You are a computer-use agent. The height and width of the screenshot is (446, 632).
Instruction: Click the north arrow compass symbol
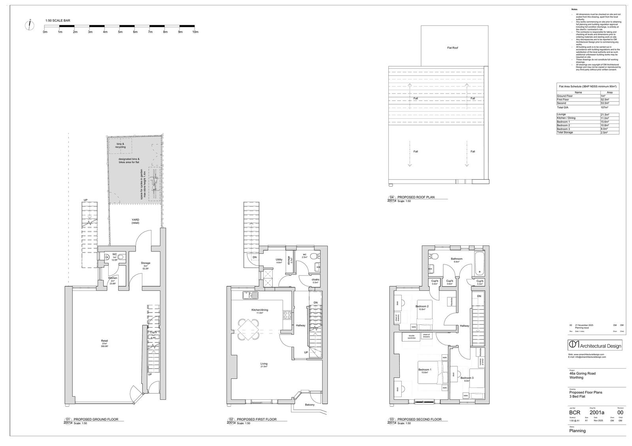coord(29,25)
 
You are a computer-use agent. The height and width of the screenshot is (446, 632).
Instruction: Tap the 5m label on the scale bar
coord(120,32)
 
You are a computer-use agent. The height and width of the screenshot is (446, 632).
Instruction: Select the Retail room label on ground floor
coord(104,341)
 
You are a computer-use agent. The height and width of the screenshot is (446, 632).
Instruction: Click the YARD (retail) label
coord(135,221)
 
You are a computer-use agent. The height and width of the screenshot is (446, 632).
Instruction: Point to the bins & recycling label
coord(120,145)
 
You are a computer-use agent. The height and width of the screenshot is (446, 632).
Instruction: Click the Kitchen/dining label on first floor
coord(260,310)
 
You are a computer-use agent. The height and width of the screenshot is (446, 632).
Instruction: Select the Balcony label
coord(310,405)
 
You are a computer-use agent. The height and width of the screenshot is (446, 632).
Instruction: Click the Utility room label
coord(279,260)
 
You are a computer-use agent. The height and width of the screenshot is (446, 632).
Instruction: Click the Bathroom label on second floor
coord(457,259)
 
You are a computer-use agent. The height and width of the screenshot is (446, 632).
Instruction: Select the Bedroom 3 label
coord(466,378)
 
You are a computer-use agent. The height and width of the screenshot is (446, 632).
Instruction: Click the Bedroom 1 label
coord(425,370)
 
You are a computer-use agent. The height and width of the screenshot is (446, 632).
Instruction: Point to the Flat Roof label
coord(452,48)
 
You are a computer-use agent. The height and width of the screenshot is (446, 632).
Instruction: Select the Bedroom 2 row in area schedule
coord(587,125)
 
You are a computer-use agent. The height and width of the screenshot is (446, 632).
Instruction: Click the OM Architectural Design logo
coord(595,345)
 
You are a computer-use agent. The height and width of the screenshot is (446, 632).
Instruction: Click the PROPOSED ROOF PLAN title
coord(416,197)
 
